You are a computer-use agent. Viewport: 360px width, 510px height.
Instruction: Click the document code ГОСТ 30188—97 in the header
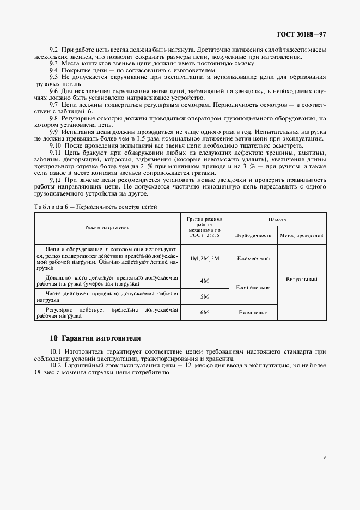pyautogui.click(x=302, y=34)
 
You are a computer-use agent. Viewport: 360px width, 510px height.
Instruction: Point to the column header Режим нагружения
pyautogui.click(x=107, y=227)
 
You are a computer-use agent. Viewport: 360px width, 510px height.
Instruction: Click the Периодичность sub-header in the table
pyautogui.click(x=253, y=236)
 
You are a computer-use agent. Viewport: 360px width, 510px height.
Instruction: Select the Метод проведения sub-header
pyautogui.click(x=301, y=236)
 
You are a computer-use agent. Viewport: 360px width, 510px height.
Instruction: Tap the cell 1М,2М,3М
pyautogui.click(x=204, y=258)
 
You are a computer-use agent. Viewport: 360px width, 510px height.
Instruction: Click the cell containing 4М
pyautogui.click(x=204, y=280)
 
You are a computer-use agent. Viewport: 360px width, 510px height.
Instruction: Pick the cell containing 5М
pyautogui.click(x=204, y=296)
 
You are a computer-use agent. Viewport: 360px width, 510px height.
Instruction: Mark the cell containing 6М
pyautogui.click(x=204, y=312)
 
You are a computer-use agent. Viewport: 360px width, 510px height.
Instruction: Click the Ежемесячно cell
pyautogui.click(x=253, y=258)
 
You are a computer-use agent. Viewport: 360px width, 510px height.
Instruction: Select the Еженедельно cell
pyautogui.click(x=253, y=288)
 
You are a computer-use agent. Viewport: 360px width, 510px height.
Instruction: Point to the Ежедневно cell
pyautogui.click(x=253, y=313)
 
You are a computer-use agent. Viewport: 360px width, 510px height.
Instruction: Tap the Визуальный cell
pyautogui.click(x=301, y=280)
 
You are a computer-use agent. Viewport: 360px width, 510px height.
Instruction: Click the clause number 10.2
pyautogui.click(x=57, y=365)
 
